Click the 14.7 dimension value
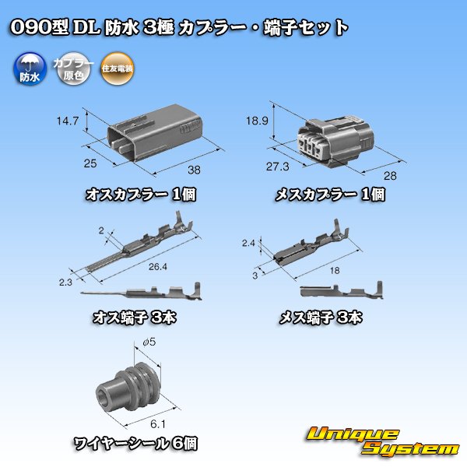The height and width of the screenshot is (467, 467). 68,121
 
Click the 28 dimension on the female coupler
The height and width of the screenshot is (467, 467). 390,175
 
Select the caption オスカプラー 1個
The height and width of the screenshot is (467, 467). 141,195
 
